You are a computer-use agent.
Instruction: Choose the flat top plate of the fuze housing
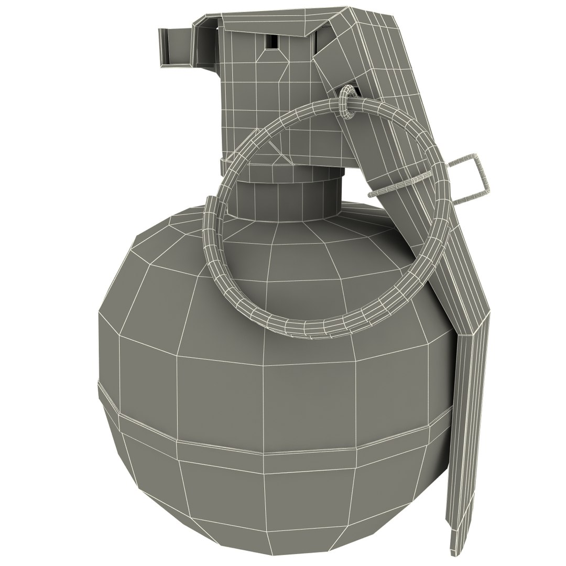[262, 21]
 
